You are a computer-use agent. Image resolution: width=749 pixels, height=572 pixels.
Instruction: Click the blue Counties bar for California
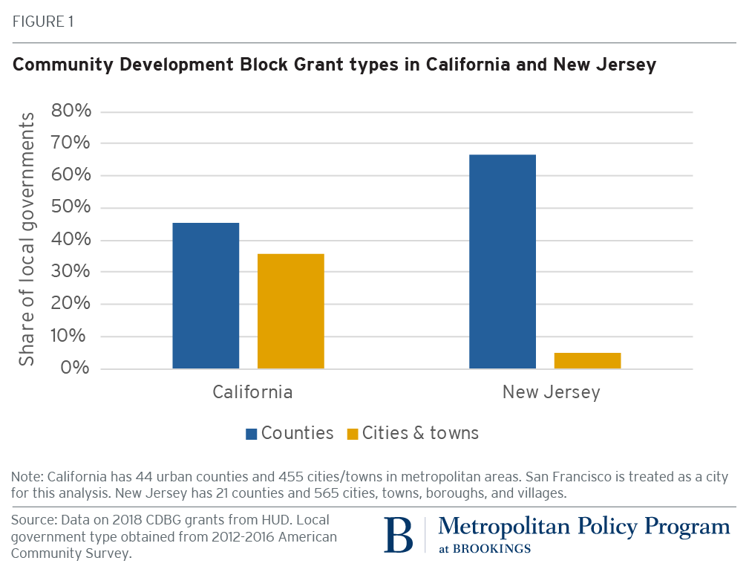click(x=206, y=296)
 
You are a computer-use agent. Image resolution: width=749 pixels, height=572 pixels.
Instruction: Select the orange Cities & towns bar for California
click(x=290, y=311)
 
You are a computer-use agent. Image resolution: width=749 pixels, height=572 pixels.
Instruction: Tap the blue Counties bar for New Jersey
click(x=503, y=261)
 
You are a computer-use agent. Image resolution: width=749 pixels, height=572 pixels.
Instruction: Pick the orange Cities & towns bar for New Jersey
click(x=587, y=361)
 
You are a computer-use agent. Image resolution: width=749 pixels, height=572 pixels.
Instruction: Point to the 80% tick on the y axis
click(x=71, y=111)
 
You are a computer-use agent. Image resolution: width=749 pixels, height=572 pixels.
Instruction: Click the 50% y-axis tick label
click(x=71, y=208)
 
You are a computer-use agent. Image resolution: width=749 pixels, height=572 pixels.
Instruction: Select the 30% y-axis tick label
click(x=71, y=272)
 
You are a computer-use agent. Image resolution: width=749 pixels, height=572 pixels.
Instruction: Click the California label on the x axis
click(x=252, y=392)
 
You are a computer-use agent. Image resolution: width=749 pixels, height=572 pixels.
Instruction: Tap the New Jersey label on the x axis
click(x=551, y=392)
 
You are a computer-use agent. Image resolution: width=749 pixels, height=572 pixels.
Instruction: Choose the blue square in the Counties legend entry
click(x=251, y=434)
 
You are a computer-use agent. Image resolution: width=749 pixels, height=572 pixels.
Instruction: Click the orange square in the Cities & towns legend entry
click(x=352, y=434)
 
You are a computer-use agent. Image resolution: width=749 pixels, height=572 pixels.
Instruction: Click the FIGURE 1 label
click(x=42, y=22)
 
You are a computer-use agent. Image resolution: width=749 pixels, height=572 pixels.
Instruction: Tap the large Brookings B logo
click(x=398, y=535)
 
